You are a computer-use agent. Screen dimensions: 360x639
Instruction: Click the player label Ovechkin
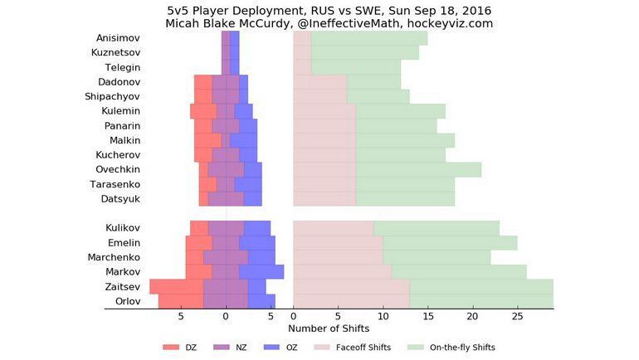(116, 169)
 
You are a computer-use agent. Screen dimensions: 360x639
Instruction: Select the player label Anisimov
(117, 38)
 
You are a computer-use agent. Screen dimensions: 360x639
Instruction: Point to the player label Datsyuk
(120, 198)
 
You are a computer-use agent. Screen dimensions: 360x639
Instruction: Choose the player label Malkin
(124, 140)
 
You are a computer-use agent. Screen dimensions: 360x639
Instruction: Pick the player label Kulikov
(123, 228)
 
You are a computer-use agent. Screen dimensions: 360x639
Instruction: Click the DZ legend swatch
(171, 348)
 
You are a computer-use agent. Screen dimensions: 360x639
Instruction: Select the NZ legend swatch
(222, 348)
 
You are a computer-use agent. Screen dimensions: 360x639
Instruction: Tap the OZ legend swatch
(271, 348)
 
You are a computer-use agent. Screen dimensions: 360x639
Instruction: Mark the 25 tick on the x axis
(518, 317)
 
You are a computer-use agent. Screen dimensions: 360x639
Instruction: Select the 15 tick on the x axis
(428, 317)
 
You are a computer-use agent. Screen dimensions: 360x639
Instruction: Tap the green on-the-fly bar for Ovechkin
(418, 169)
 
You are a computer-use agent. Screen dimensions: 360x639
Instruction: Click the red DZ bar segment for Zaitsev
(176, 286)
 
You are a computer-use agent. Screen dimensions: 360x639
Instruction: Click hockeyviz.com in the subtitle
(450, 24)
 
